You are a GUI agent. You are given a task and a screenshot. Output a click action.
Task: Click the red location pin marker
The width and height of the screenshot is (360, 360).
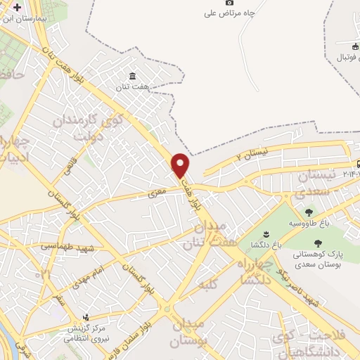(x=181, y=165)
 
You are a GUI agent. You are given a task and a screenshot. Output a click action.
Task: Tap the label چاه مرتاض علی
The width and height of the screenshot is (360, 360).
(x=229, y=13)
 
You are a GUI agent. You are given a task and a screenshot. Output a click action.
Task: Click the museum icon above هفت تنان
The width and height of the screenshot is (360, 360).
(x=133, y=77)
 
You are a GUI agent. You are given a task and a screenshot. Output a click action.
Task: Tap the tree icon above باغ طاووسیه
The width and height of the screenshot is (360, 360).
(x=308, y=212)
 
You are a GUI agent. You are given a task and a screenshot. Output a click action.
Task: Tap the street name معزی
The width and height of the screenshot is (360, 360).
(x=156, y=191)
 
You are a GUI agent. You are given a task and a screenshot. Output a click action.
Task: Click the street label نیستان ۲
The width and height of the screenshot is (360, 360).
(x=252, y=154)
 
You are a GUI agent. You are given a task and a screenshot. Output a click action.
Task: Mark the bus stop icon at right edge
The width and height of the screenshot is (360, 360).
(x=349, y=162)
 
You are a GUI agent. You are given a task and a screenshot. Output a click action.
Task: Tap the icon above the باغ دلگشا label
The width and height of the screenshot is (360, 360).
(x=266, y=233)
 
